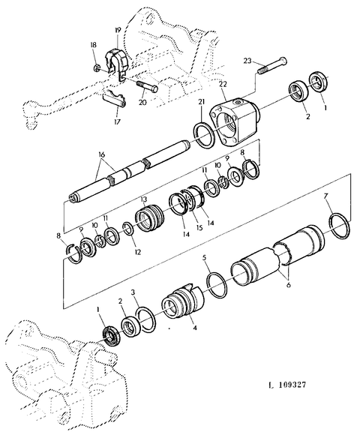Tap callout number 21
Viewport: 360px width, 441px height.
tap(200, 102)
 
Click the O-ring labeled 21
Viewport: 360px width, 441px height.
tap(205, 133)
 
